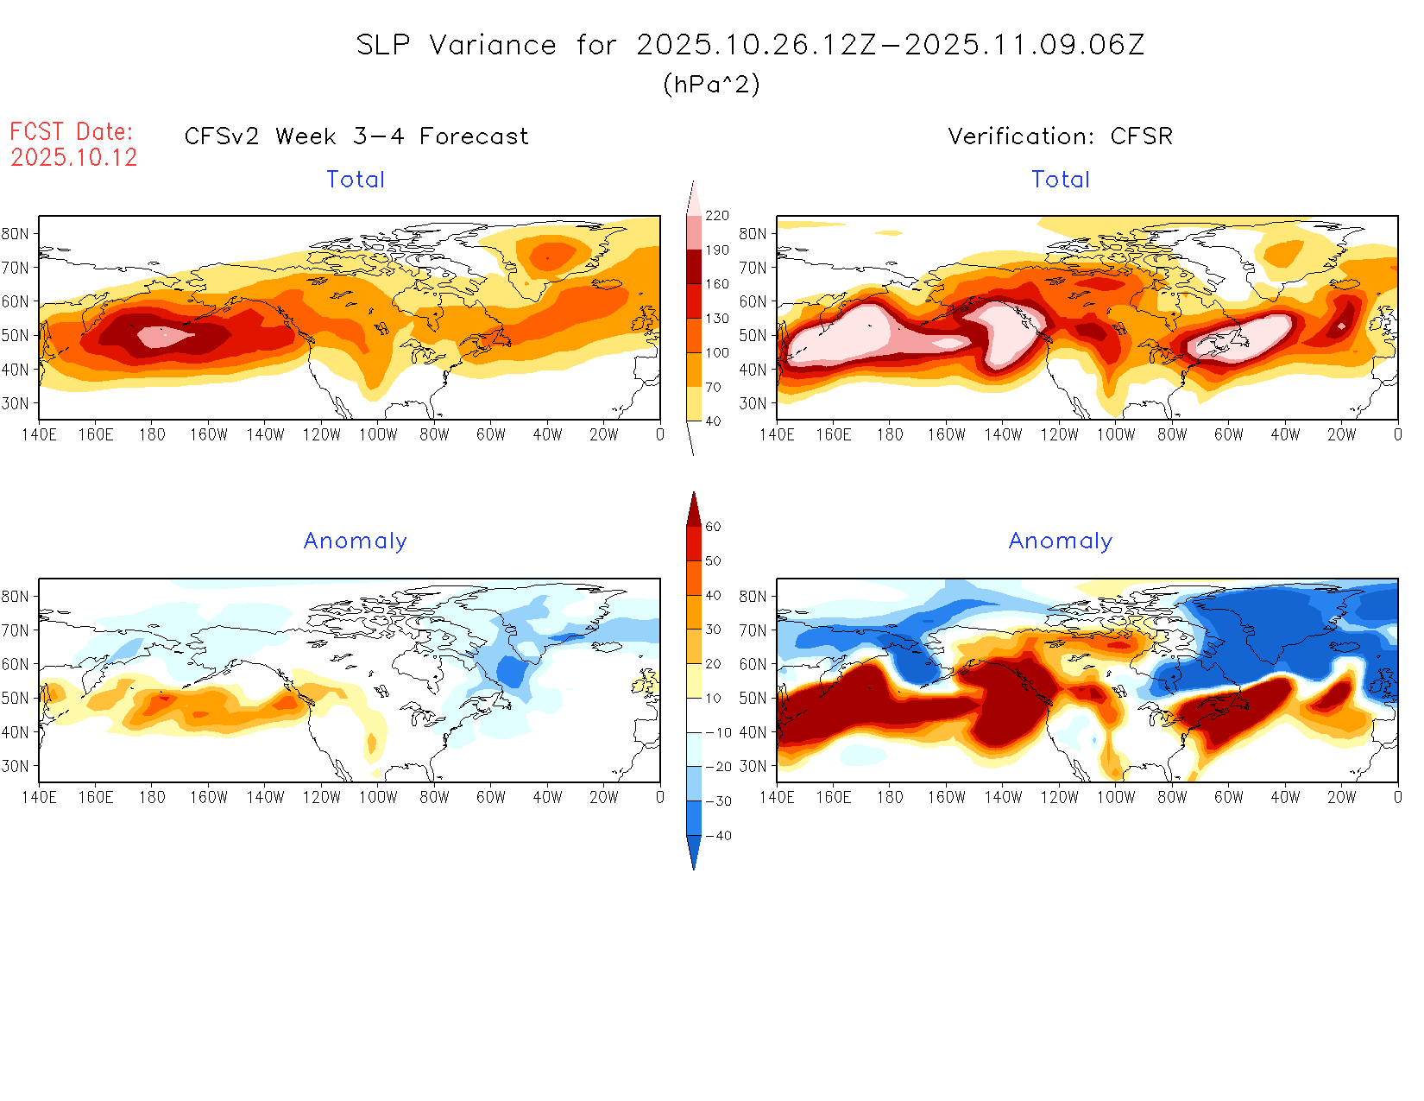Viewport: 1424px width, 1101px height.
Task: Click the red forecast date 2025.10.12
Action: click(74, 157)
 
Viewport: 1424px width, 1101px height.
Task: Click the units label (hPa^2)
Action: click(711, 85)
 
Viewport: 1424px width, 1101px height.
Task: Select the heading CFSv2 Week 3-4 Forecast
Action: click(356, 136)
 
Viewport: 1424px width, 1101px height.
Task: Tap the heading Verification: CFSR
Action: click(1061, 136)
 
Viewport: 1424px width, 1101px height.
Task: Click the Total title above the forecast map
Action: click(356, 180)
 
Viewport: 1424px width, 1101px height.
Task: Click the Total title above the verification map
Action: click(1061, 180)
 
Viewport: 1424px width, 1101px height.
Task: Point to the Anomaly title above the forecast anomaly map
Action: click(355, 541)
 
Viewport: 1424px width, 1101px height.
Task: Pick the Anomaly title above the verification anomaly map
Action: click(1061, 541)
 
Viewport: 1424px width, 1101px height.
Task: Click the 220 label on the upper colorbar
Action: click(717, 216)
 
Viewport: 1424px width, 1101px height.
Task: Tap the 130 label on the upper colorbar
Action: click(717, 319)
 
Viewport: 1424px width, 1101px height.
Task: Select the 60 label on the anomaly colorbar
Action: click(713, 527)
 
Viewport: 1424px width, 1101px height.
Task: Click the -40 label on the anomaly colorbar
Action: click(718, 836)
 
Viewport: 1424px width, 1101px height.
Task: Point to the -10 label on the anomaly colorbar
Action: click(718, 732)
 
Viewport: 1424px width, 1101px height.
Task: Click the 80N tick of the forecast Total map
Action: click(16, 233)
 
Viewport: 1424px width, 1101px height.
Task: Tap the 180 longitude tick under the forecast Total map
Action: click(152, 434)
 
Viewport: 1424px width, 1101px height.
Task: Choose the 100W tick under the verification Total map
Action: click(1116, 434)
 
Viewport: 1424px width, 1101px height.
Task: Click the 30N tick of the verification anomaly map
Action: click(753, 766)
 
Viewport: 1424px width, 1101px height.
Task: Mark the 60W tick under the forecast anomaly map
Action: click(491, 797)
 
